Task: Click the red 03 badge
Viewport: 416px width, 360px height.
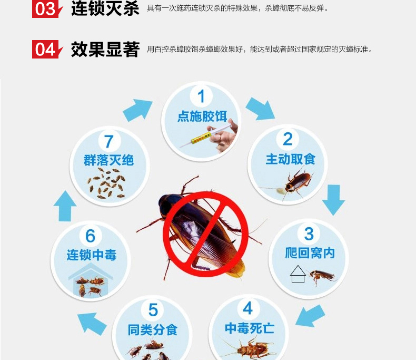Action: [47, 9]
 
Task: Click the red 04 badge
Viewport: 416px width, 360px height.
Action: [47, 49]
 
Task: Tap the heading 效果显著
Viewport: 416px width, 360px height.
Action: [105, 50]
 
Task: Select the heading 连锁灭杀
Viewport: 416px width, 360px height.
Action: [105, 8]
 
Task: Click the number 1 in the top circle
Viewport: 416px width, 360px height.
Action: [201, 96]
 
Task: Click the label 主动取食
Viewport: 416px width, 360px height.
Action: [290, 159]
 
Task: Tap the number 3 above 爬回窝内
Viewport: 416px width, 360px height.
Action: [309, 234]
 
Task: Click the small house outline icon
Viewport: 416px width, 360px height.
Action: [298, 274]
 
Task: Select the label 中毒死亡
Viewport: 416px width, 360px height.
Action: [250, 328]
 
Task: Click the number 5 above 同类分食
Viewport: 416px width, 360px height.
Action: [153, 310]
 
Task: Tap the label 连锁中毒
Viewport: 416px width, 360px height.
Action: [91, 255]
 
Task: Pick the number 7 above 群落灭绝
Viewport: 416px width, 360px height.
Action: [109, 141]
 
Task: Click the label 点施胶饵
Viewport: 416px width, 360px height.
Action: [202, 116]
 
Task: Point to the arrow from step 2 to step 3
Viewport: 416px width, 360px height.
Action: [333, 200]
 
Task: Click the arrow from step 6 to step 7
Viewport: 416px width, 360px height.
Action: [65, 206]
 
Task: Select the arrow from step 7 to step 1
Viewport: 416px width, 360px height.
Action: [138, 110]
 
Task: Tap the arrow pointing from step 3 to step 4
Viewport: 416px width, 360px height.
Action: [310, 316]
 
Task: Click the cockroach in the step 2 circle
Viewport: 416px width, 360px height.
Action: [294, 183]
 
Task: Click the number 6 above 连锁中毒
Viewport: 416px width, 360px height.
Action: [90, 236]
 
